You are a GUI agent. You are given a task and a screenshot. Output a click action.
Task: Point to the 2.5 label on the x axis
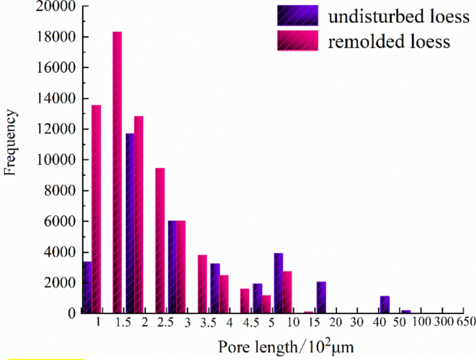click(x=165, y=323)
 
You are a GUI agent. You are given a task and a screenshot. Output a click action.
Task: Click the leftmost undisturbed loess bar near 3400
click(x=87, y=287)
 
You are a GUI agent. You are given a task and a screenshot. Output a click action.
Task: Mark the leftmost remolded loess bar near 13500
click(x=96, y=209)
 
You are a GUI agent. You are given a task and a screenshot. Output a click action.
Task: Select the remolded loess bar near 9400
click(x=160, y=240)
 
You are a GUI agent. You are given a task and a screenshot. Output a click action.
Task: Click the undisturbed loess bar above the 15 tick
click(x=321, y=297)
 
